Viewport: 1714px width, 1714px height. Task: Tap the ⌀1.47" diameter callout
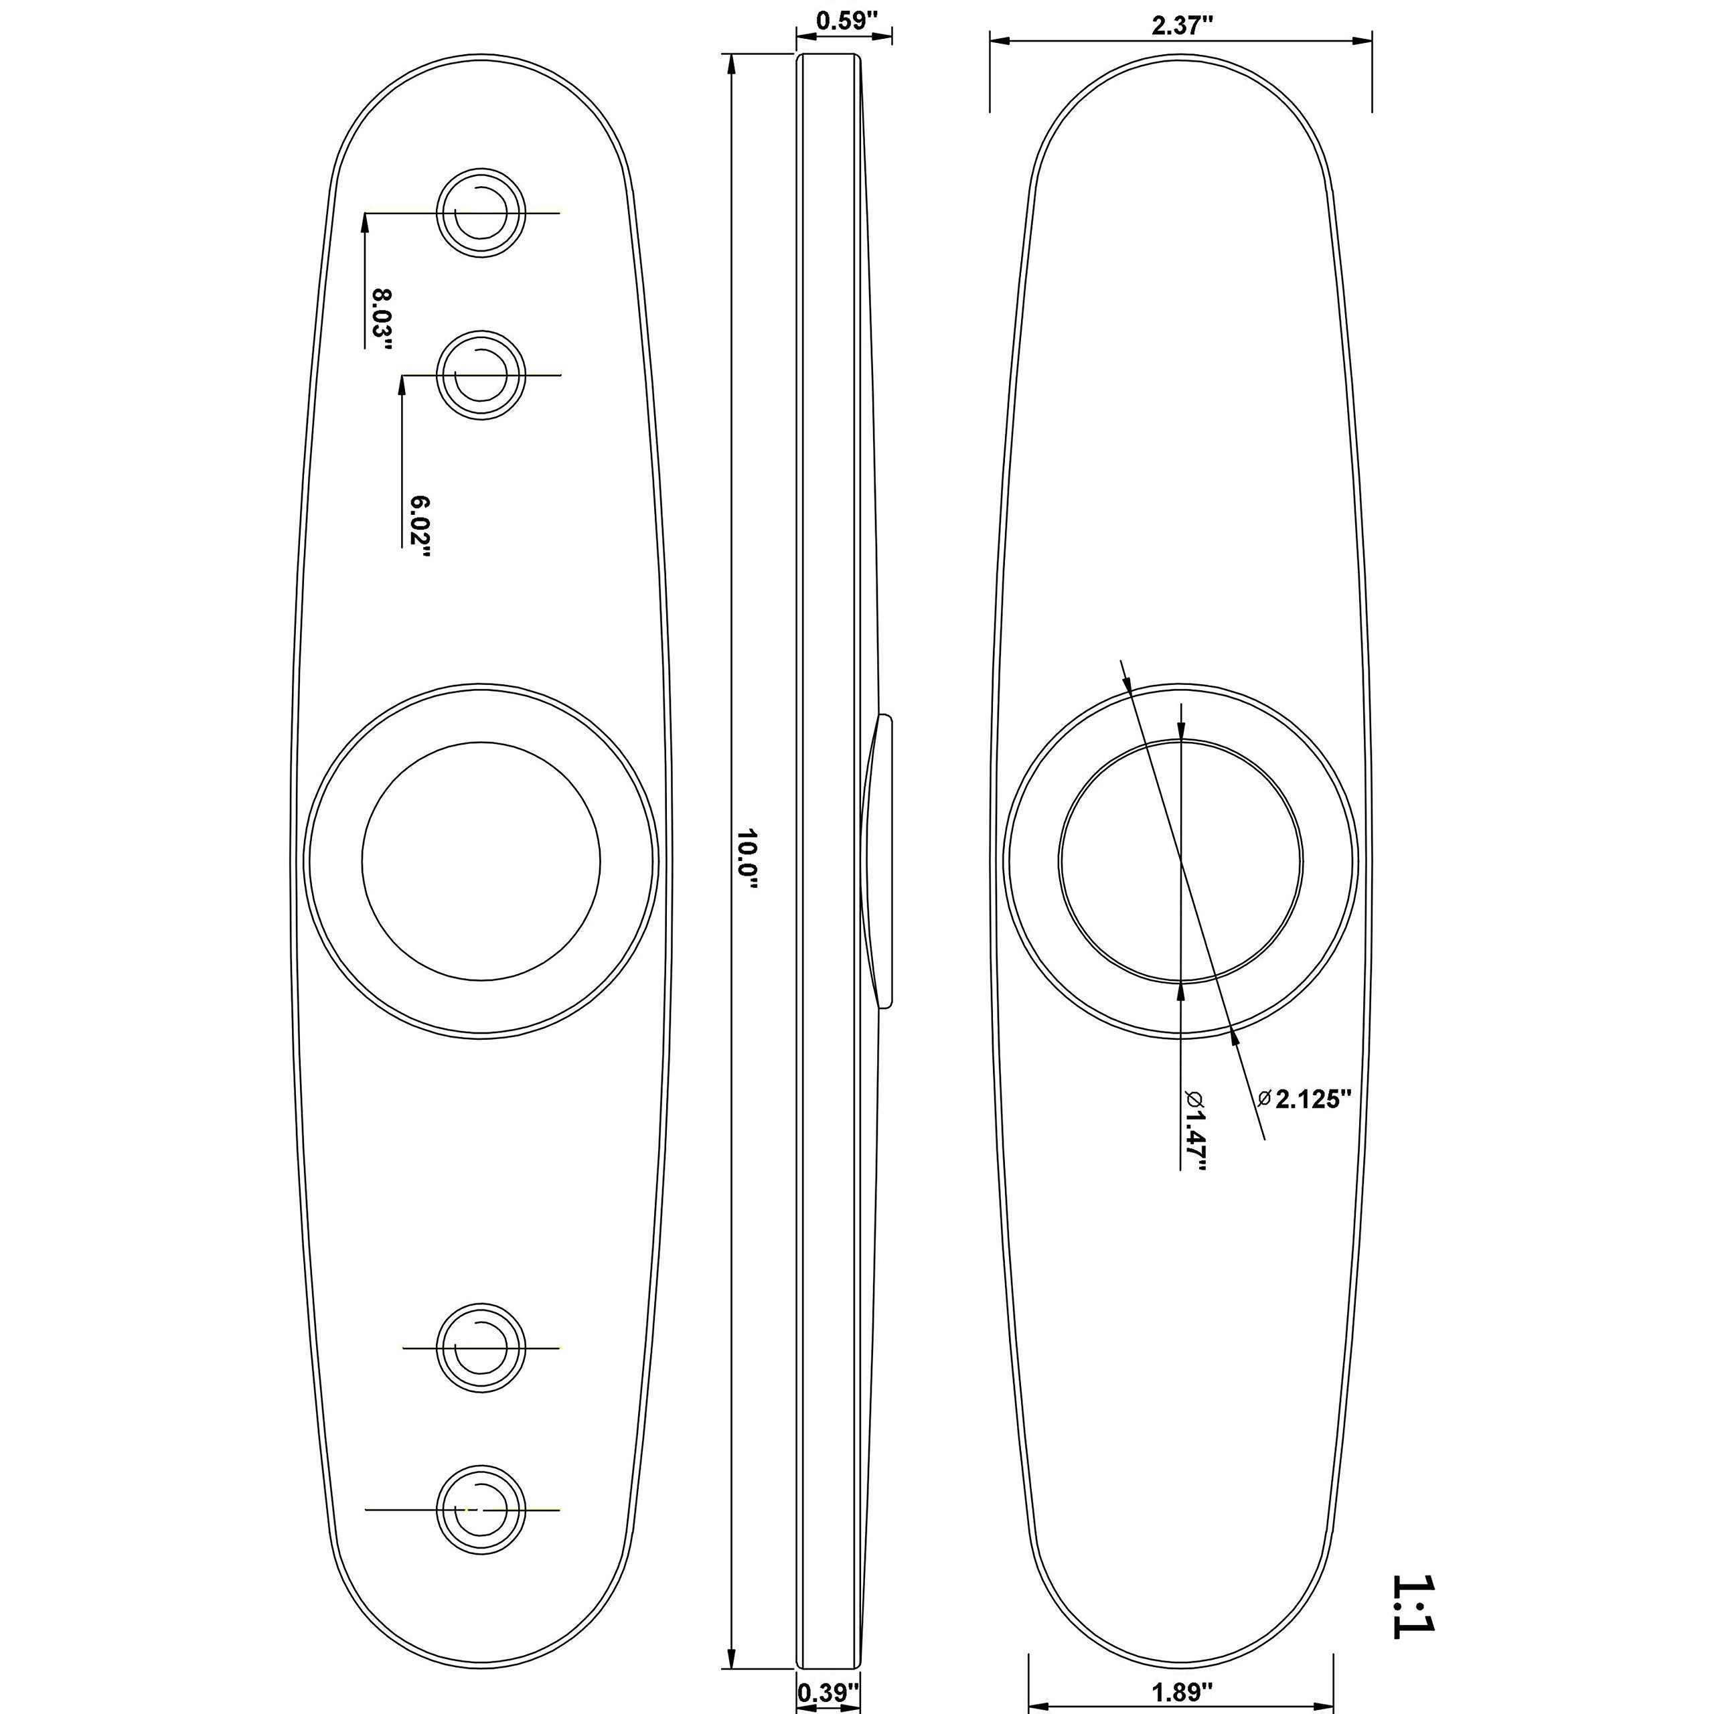pyautogui.click(x=1194, y=1130)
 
